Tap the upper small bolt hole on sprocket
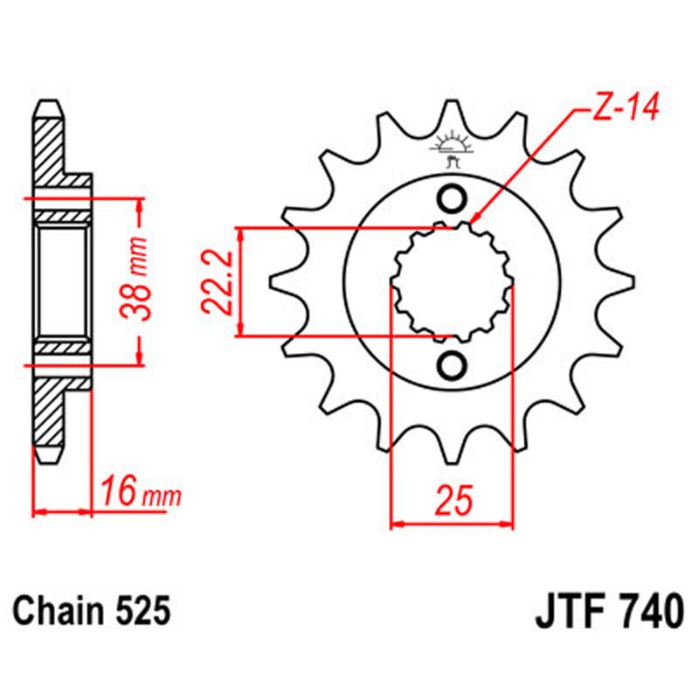tap(453, 199)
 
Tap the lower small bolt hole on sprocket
tap(453, 365)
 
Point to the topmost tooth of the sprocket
tap(453, 112)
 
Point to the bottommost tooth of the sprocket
tap(453, 454)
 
